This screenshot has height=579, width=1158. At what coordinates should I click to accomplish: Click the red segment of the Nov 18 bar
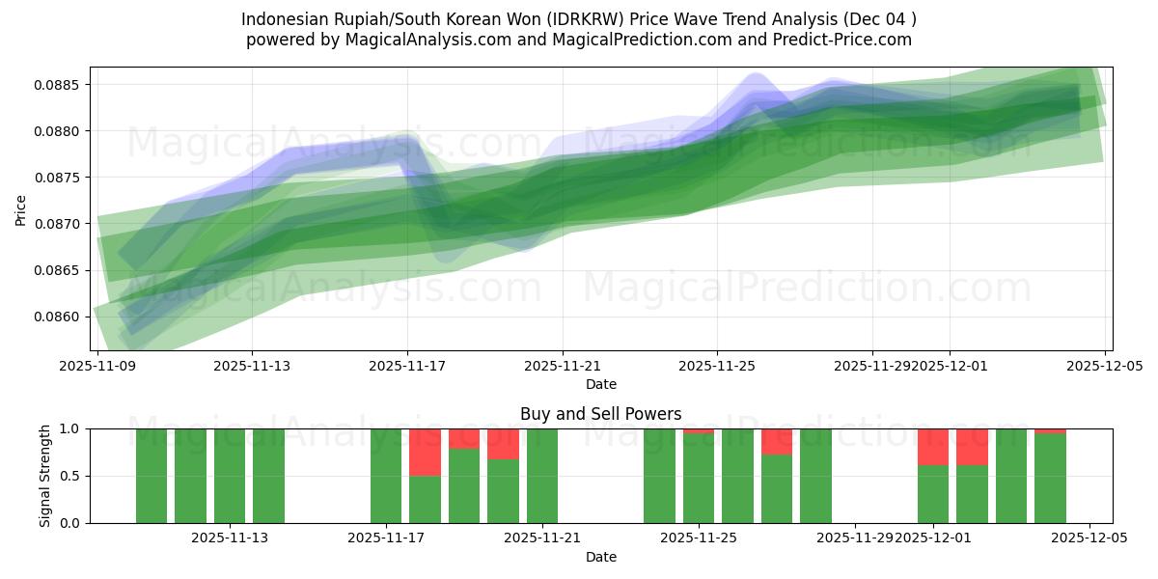(x=425, y=452)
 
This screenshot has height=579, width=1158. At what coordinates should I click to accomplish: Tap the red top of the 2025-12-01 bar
(x=933, y=447)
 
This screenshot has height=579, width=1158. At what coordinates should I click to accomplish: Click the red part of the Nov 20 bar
(x=503, y=444)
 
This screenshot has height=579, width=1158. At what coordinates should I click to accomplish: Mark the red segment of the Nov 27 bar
(x=777, y=441)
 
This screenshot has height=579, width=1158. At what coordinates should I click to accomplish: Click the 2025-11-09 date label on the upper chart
(x=96, y=366)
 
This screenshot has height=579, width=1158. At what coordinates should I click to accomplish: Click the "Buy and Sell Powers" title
(x=600, y=414)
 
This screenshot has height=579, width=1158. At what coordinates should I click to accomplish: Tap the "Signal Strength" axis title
(x=45, y=476)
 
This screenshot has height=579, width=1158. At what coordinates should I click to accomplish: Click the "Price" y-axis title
(x=21, y=208)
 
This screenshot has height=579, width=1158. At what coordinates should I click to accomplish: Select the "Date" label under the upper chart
(x=600, y=384)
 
